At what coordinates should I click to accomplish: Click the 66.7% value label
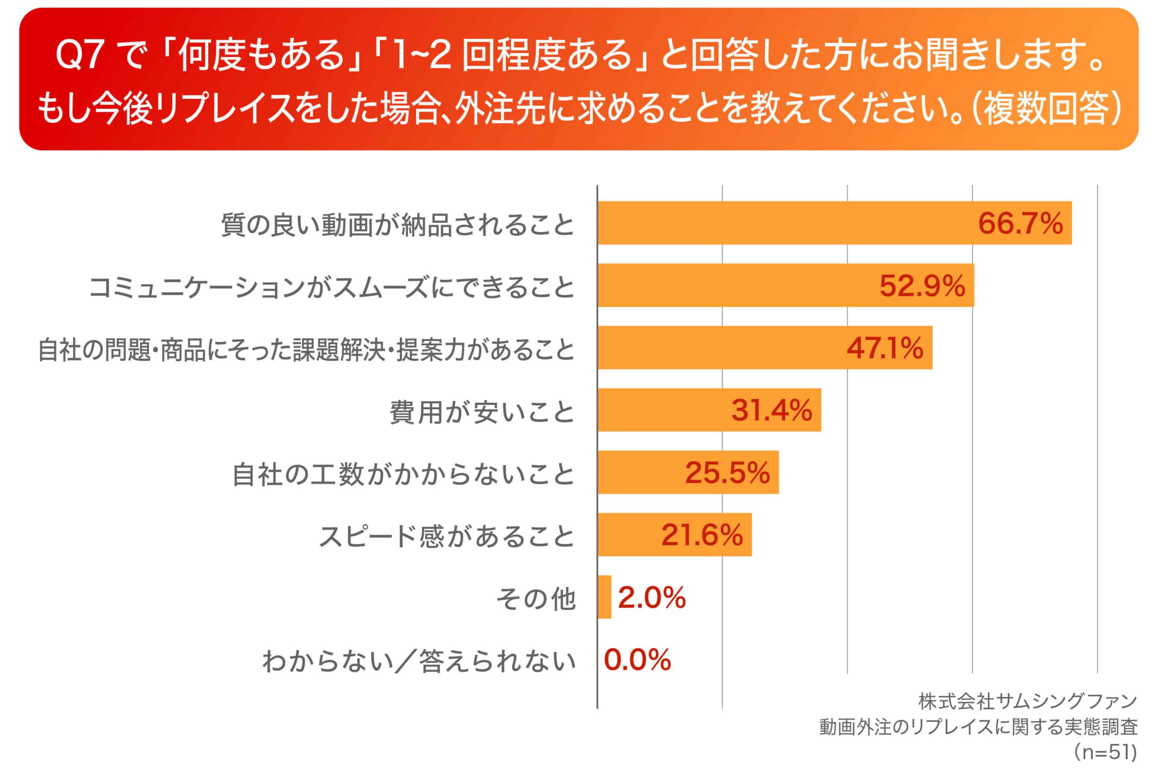1020,223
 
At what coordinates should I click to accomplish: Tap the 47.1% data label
884,348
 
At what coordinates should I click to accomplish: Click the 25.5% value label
727,473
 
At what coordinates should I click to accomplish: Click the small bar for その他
604,597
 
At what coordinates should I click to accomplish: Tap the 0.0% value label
637,660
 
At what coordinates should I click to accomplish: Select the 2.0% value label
651,598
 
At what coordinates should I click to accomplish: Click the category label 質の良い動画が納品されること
398,225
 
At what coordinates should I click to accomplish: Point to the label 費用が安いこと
482,412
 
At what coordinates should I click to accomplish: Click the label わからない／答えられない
419,661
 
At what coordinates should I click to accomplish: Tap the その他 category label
536,599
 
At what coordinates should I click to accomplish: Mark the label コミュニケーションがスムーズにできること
332,287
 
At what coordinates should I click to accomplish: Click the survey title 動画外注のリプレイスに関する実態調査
978,727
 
